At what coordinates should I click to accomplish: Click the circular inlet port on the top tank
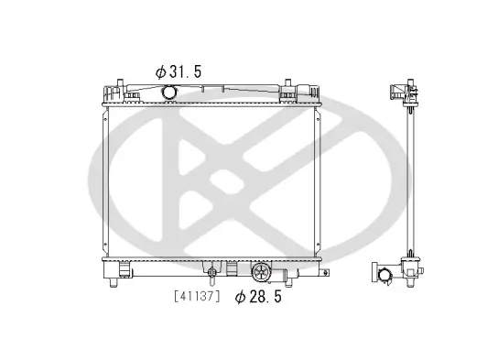(x=168, y=93)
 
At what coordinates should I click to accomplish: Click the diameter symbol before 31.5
(x=159, y=71)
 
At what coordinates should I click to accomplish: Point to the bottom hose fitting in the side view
(x=384, y=273)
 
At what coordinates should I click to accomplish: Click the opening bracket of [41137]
(x=176, y=297)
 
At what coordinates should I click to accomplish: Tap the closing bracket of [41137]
(x=218, y=297)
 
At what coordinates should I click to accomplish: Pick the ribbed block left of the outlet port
(x=232, y=270)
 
